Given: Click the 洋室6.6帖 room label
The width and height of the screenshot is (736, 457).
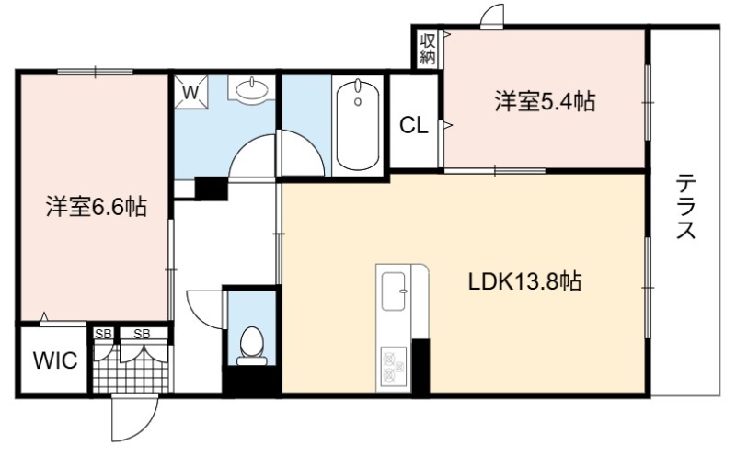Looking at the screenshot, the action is point(97,207).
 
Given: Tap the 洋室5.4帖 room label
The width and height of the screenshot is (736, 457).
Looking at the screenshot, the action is point(545,101).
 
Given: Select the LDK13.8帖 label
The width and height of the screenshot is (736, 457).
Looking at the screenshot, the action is point(524,281).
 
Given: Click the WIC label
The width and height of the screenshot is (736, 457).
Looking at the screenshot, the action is point(55,360).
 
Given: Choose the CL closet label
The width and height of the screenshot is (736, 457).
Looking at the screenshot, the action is point(413,125).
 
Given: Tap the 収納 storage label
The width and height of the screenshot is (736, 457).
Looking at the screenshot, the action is point(428,49).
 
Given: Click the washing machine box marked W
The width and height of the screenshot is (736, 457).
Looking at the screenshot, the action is point(190,92).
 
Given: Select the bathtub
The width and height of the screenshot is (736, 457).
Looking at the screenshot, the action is point(358,125).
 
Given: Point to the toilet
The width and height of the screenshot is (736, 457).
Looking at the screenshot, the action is point(252,347).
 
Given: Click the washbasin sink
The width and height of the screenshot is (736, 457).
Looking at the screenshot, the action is point(251,88).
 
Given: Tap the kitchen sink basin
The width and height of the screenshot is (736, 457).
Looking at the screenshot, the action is point(394,291).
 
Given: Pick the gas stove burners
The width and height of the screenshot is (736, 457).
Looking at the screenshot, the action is point(394,367).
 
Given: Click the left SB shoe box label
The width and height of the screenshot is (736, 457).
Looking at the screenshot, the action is point(103,334).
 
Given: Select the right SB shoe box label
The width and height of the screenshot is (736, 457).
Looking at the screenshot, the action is point(142,334).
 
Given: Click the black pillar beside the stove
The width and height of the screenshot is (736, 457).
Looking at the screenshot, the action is point(420,367).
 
